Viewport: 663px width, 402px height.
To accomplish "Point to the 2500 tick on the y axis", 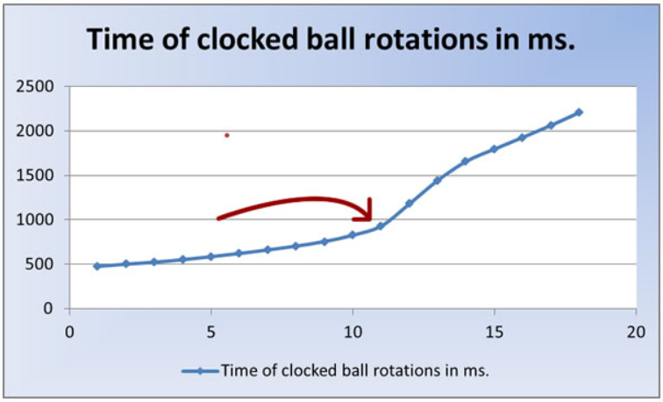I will pos(36,86).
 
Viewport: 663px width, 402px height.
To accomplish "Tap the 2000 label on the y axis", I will pos(36,131).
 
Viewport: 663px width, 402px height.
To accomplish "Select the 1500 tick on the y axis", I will pos(36,176).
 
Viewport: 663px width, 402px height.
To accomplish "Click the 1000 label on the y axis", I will pos(36,219).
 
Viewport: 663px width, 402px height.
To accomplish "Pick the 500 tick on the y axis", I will pos(42,264).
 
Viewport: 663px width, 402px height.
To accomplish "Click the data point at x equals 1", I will pos(97,266).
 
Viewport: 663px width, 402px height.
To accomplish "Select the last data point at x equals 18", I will pos(579,112).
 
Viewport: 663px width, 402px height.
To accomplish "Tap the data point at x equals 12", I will pos(409,203).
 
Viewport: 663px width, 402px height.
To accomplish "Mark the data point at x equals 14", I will pos(465,162).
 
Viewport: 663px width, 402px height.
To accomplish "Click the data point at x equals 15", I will pos(494,149).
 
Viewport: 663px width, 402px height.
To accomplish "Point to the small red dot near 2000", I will pos(226,135).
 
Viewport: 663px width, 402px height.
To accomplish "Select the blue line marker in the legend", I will pos(200,370).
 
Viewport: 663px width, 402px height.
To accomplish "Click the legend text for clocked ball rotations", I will pos(355,370).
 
